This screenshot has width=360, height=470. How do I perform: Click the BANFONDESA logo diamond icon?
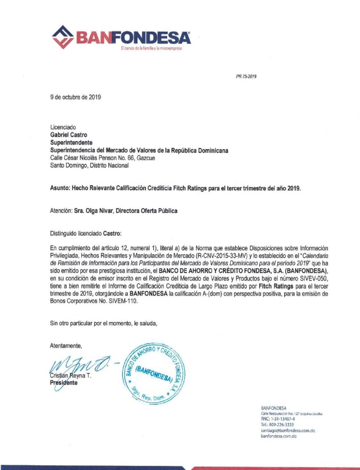[x=64, y=36]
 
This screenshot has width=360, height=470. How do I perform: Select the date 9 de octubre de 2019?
[x=75, y=97]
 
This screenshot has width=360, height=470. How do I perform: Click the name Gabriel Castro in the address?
[x=68, y=135]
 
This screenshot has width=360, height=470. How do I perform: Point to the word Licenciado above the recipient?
[x=63, y=127]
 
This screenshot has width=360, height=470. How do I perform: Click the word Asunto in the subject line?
[x=59, y=188]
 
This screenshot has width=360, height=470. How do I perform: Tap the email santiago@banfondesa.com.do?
[x=287, y=431]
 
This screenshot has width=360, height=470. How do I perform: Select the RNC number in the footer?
[x=277, y=419]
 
